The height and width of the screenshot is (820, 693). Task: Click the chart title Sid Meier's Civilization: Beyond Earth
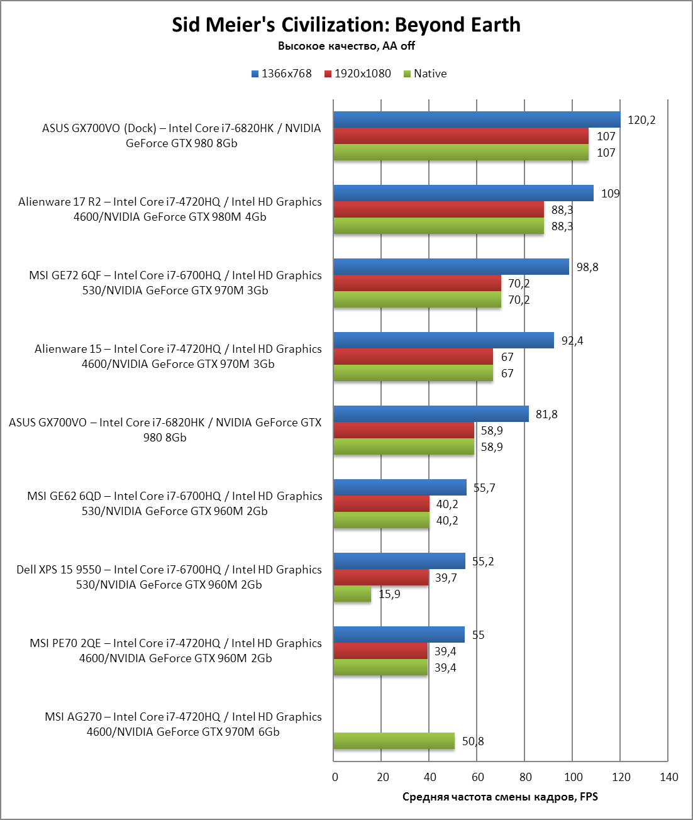pyautogui.click(x=346, y=25)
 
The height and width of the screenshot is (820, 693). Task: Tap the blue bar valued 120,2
pyautogui.click(x=477, y=119)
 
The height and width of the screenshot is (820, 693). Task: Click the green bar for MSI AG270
pyautogui.click(x=394, y=741)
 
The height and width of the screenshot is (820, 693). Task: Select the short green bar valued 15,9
pyautogui.click(x=352, y=594)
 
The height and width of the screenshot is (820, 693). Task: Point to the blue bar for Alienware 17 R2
pyautogui.click(x=463, y=193)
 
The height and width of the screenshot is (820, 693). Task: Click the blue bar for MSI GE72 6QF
pyautogui.click(x=451, y=267)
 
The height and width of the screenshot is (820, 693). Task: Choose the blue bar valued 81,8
pyautogui.click(x=431, y=414)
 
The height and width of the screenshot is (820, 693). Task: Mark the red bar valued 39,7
pyautogui.click(x=380, y=577)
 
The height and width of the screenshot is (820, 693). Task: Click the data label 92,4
pyautogui.click(x=572, y=341)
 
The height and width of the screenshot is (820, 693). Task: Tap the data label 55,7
pyautogui.click(x=484, y=488)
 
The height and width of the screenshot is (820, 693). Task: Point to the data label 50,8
pyautogui.click(x=473, y=741)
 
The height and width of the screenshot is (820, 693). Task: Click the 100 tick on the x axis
pyautogui.click(x=573, y=777)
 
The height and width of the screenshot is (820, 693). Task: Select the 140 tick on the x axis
pyautogui.click(x=668, y=777)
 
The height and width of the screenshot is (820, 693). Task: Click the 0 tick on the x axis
pyautogui.click(x=335, y=777)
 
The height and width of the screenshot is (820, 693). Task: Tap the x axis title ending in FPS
pyautogui.click(x=500, y=797)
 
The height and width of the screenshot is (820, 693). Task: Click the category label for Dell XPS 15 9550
pyautogui.click(x=169, y=577)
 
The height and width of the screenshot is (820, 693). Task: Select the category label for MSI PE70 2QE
pyautogui.click(x=175, y=651)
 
